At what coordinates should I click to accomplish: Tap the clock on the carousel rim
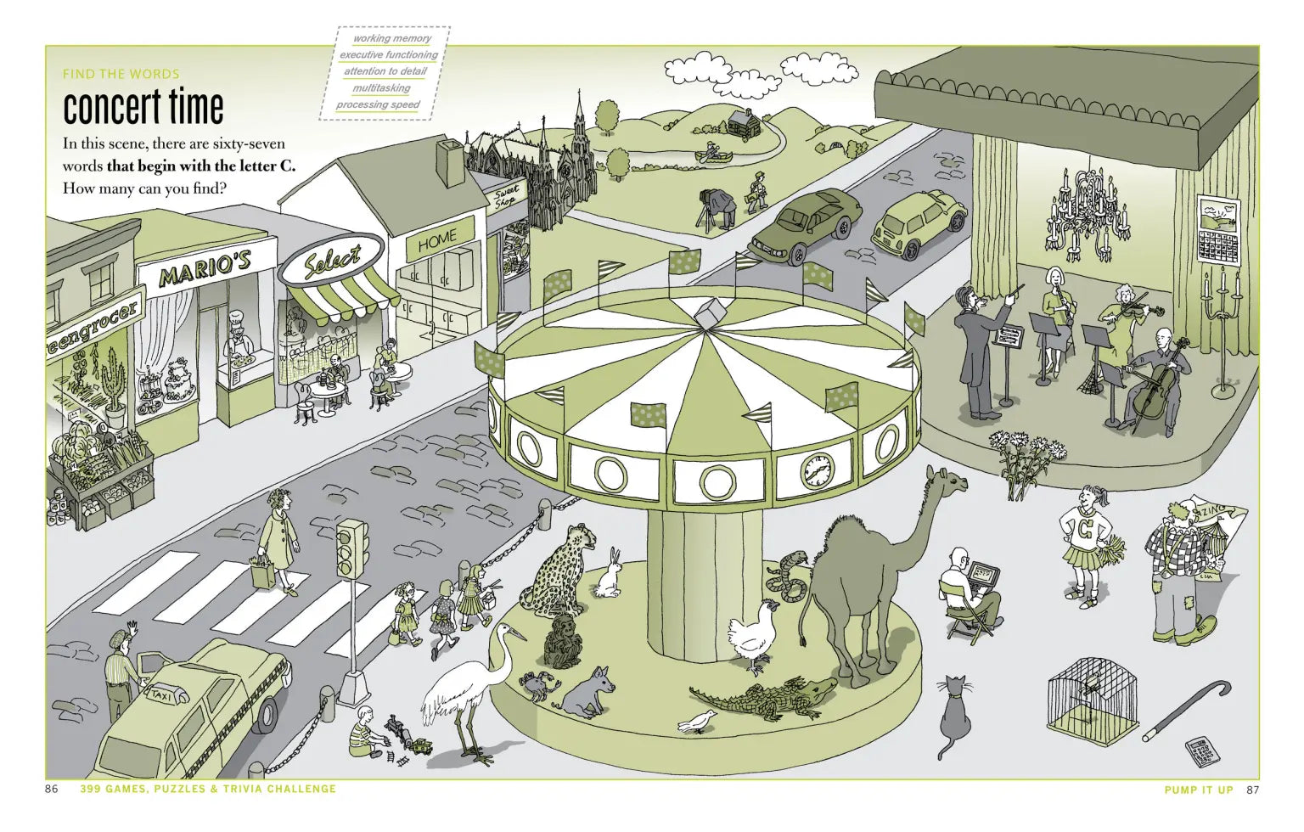817,469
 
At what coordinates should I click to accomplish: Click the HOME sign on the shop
436,241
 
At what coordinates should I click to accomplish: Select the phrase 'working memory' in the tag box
391,38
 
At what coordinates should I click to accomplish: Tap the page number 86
52,790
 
